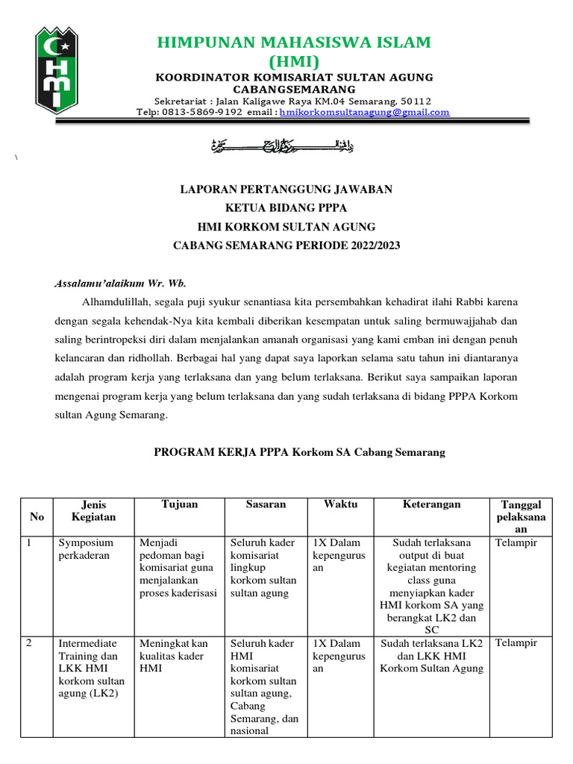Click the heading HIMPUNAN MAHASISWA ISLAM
[x=294, y=42]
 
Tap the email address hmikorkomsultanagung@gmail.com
[x=365, y=113]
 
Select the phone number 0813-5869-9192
[x=200, y=113]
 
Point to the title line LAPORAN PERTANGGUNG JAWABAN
[x=286, y=190]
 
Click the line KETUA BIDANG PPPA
[x=286, y=208]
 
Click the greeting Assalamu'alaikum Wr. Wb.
[x=120, y=284]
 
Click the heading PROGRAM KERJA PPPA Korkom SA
[x=299, y=452]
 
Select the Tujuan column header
[x=180, y=504]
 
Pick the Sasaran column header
[x=266, y=504]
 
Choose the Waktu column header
[x=340, y=504]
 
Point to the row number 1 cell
[x=31, y=543]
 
